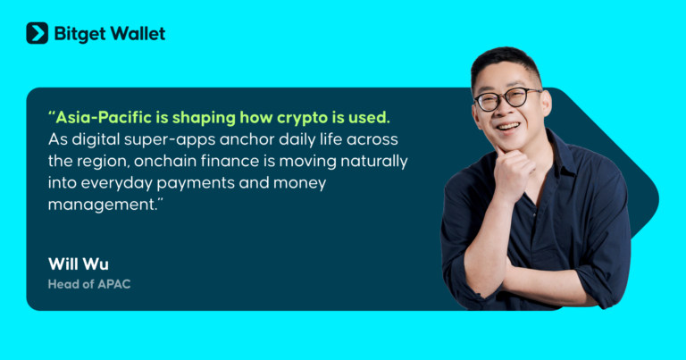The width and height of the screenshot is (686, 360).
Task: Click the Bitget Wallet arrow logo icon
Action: [37, 33]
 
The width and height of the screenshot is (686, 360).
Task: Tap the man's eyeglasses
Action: [506, 98]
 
